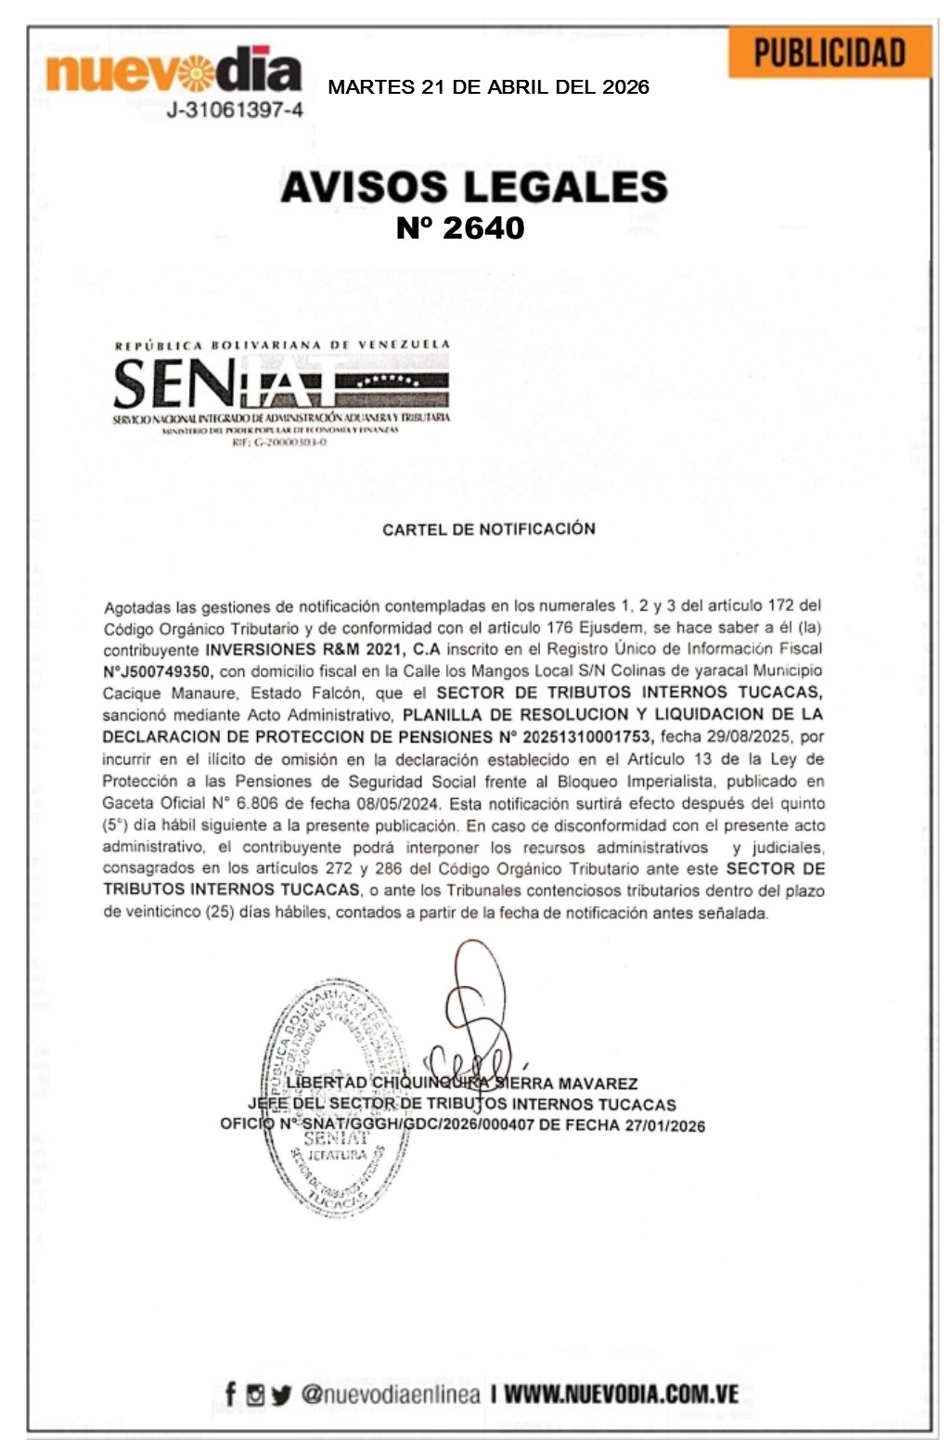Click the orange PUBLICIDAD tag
tap(829, 52)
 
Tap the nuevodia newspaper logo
tap(174, 71)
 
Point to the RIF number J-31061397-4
tap(234, 110)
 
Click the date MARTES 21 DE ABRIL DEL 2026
tap(488, 87)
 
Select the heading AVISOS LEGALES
tap(474, 187)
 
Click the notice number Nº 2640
tap(460, 227)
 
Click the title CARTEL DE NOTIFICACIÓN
tap(489, 529)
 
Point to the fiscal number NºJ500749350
tap(159, 671)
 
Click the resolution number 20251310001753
tap(586, 737)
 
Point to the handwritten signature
tap(475, 1012)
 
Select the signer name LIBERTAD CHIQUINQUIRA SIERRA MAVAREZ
tap(462, 1083)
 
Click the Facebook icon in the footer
tap(230, 1394)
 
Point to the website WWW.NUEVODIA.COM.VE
tap(621, 1394)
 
